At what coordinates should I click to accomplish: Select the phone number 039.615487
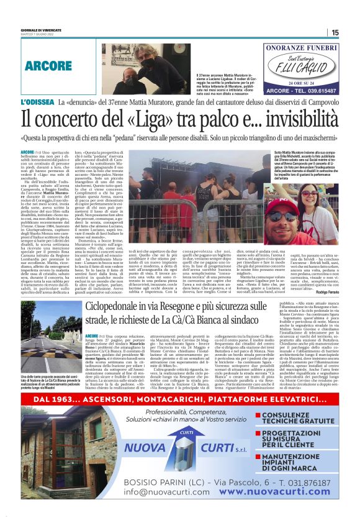[x=330, y=91]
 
